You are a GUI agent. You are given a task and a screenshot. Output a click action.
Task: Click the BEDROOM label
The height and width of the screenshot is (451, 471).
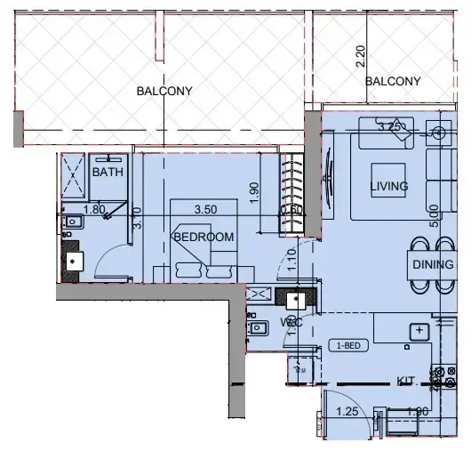(204, 237)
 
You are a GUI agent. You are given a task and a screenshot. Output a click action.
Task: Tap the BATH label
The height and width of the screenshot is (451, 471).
(108, 173)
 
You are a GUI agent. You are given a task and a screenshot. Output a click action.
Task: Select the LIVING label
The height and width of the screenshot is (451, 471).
(388, 186)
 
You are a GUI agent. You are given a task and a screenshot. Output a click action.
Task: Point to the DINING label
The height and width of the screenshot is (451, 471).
(432, 264)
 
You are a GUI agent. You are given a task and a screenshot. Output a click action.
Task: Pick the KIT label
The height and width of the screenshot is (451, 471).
(405, 382)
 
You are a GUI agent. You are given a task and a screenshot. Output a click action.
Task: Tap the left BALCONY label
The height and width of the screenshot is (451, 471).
(164, 91)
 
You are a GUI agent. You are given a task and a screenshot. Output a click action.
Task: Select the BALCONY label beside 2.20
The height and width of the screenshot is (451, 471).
(393, 81)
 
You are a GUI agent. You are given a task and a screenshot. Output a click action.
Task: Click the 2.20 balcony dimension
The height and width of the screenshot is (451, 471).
(360, 57)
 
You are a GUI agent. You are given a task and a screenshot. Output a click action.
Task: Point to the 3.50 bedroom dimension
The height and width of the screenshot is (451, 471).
(205, 210)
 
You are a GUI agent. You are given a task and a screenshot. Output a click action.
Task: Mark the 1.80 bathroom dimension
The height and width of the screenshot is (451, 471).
(93, 210)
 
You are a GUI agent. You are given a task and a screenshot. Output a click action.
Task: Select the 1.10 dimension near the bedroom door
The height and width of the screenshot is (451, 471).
(291, 258)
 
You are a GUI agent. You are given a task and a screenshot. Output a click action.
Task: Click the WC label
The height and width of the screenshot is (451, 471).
(291, 322)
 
